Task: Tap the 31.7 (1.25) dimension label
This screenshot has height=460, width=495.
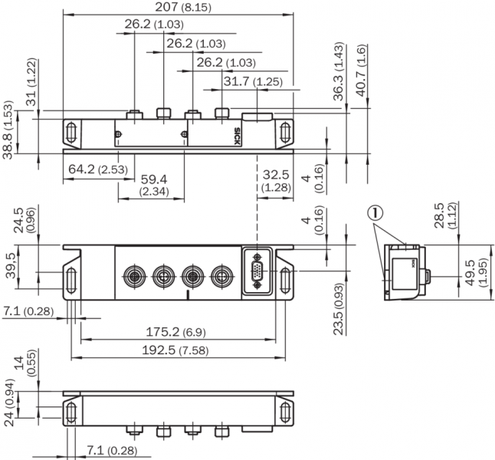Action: tap(253, 81)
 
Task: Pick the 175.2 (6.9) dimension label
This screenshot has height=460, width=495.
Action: tap(175, 332)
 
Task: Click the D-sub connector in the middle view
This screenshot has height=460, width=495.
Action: tap(257, 271)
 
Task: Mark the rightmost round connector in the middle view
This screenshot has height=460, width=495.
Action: tap(222, 274)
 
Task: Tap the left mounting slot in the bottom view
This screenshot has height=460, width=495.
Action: tap(70, 412)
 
